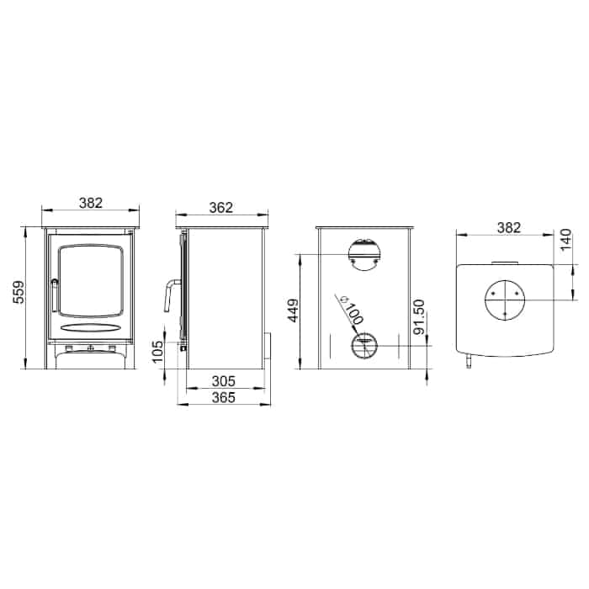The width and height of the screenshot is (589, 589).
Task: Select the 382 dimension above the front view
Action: tap(91, 202)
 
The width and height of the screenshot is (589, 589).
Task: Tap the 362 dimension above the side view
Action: tap(221, 207)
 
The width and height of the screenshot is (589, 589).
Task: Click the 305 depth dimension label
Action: tap(223, 382)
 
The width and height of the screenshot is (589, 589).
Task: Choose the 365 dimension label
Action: tap(223, 397)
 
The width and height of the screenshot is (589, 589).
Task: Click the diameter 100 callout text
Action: tap(348, 313)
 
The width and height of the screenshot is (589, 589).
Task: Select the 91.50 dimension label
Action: tap(421, 318)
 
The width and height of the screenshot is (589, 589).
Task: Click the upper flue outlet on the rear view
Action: tap(364, 252)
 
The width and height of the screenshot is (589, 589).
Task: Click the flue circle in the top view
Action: tap(504, 300)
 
